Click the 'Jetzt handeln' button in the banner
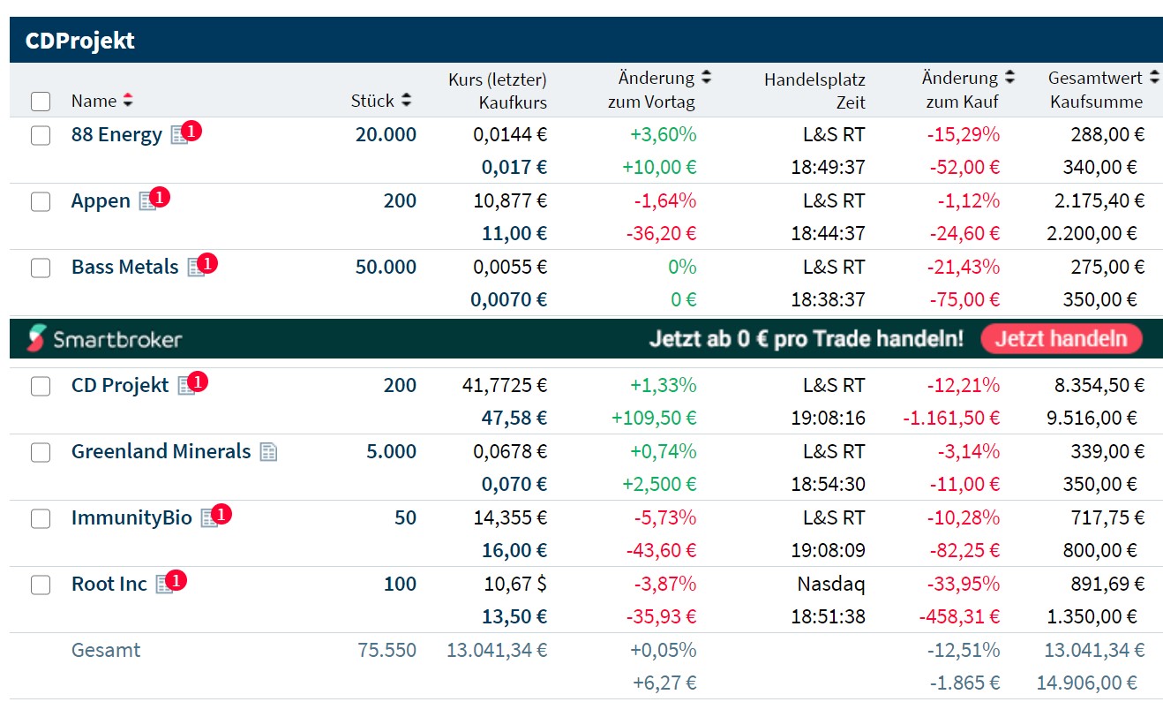click(1061, 338)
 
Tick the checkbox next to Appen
click(41, 201)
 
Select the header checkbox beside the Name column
click(41, 102)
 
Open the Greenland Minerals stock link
click(161, 451)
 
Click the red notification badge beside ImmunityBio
click(221, 513)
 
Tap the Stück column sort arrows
click(406, 101)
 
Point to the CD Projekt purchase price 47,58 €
click(514, 418)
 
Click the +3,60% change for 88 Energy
click(663, 135)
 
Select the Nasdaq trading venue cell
click(831, 584)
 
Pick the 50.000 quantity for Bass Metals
click(386, 267)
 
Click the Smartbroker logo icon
click(36, 338)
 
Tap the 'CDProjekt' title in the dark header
click(79, 41)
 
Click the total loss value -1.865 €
click(964, 683)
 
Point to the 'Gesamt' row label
click(105, 651)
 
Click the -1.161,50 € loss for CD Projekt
click(951, 418)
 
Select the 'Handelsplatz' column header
click(814, 79)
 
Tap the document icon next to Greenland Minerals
click(268, 452)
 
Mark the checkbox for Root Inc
click(41, 585)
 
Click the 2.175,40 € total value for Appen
click(1099, 201)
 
